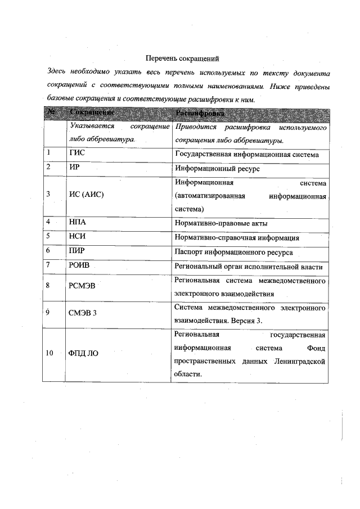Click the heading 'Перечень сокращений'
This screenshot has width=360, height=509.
point(181,58)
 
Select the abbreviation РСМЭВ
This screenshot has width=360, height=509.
point(82,286)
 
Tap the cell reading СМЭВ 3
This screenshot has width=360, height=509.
point(83,314)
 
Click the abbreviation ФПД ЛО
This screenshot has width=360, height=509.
point(84,353)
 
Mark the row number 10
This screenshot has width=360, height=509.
point(49,353)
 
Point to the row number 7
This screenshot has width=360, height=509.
point(48,265)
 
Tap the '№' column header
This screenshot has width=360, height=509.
point(51,113)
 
